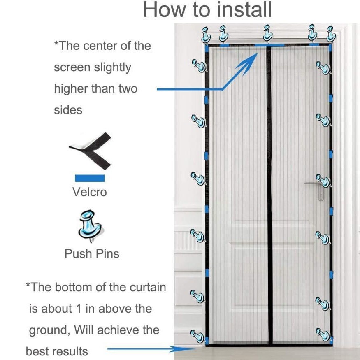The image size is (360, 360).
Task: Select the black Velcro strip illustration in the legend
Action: (x=91, y=150)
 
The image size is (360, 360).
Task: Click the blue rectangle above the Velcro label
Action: (x=90, y=178)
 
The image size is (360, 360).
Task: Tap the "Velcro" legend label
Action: (x=90, y=192)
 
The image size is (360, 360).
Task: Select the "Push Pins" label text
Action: (x=92, y=253)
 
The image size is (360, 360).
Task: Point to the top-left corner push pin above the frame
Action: (x=206, y=35)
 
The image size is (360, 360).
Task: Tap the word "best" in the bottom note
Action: (x=37, y=351)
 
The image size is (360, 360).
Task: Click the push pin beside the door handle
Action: (x=323, y=180)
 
